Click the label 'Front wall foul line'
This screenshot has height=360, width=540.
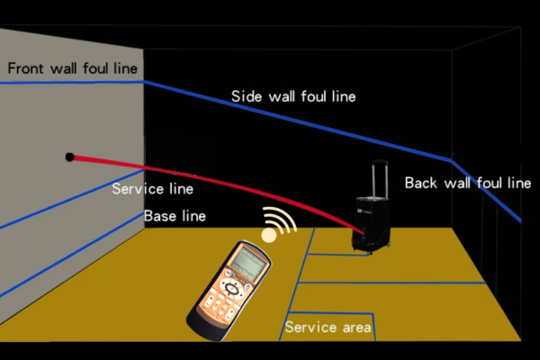click(74, 68)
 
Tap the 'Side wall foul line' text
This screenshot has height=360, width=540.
click(293, 95)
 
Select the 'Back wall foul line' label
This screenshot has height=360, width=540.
click(467, 183)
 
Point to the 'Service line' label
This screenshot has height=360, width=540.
click(152, 190)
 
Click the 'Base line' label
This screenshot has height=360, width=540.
click(175, 216)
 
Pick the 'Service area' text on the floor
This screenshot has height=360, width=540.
click(328, 327)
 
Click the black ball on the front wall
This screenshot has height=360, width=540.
click(70, 157)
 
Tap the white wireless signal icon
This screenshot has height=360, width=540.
click(275, 226)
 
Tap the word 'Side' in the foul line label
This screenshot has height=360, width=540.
click(247, 95)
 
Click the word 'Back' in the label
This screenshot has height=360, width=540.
click(421, 183)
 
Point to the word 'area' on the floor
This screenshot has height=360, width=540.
click(354, 327)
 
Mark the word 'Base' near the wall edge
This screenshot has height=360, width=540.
click(159, 216)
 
